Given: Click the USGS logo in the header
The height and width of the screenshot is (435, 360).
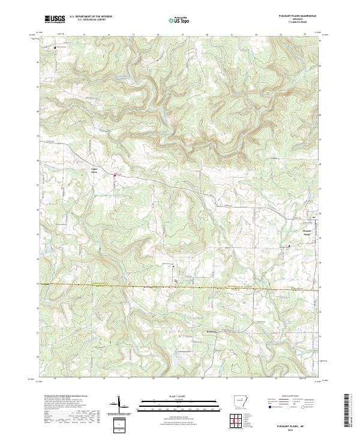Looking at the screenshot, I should pyautogui.click(x=55, y=19).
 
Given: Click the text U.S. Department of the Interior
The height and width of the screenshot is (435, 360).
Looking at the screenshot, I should pyautogui.click(x=91, y=17).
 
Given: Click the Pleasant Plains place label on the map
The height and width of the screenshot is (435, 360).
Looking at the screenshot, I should pyautogui.click(x=307, y=232).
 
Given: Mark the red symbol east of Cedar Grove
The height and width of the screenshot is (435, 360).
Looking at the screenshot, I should pyautogui.click(x=115, y=175).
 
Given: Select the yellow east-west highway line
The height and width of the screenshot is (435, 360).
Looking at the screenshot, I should pyautogui.click(x=180, y=287).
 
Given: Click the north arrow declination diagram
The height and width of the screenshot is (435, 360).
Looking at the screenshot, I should pyautogui.click(x=118, y=404).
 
